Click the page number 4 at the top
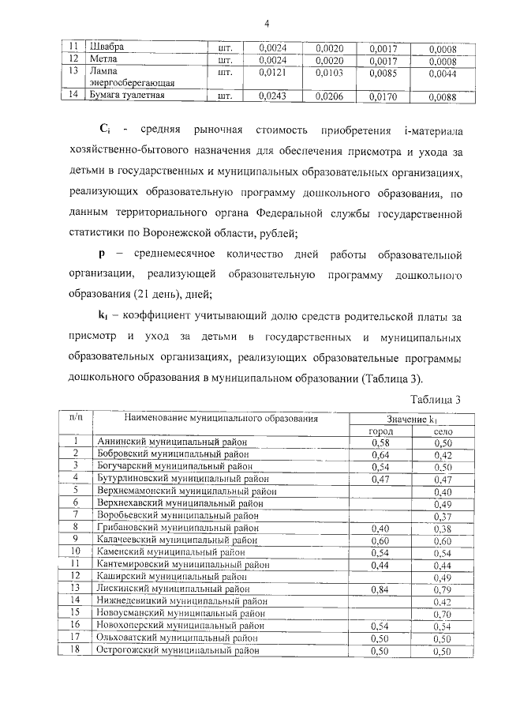[267, 24]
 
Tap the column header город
[381, 431]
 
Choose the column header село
[442, 431]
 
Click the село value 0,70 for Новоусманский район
[442, 612]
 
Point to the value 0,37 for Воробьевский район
[442, 515]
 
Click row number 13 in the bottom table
[75, 588]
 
